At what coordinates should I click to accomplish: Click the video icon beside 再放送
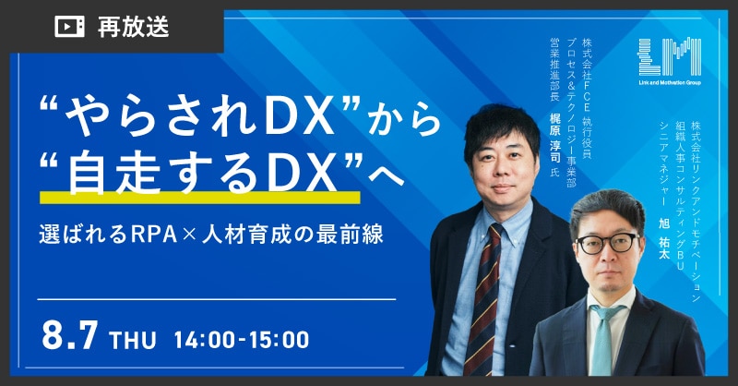[x=70, y=27]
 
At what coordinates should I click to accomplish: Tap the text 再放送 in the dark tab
[x=133, y=27]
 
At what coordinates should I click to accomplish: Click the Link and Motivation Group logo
[x=670, y=61]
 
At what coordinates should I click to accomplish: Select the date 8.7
[x=70, y=335]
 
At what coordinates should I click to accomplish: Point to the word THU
[x=132, y=339]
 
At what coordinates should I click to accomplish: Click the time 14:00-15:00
[x=242, y=339]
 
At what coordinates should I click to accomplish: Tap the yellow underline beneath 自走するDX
[x=200, y=198]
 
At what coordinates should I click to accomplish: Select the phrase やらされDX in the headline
[x=200, y=116]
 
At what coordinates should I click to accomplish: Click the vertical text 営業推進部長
[x=555, y=69]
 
